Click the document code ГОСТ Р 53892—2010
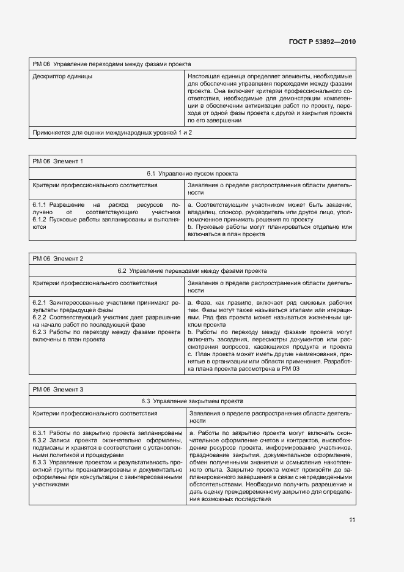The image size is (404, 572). pos(321,42)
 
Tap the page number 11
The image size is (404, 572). pos(352,520)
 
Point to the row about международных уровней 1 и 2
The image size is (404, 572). pos(112,132)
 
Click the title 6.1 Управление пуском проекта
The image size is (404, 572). pos(193,174)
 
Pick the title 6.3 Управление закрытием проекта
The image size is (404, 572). pos(193,401)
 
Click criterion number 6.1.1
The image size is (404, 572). pos(40,204)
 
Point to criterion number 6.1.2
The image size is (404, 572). pos(40,219)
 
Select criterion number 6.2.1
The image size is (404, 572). pos(40,303)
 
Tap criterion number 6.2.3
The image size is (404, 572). pos(40,332)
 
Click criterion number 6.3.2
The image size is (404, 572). pos(40,440)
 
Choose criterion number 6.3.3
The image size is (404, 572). pos(40,462)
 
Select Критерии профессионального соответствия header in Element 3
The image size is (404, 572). pos(95,414)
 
